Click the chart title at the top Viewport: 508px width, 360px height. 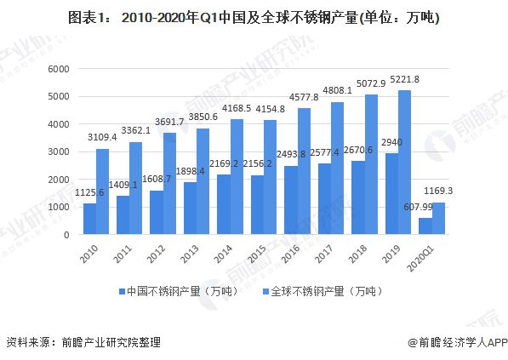[254, 18]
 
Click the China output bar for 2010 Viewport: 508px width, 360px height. [89, 219]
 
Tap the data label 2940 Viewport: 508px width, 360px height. [392, 142]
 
